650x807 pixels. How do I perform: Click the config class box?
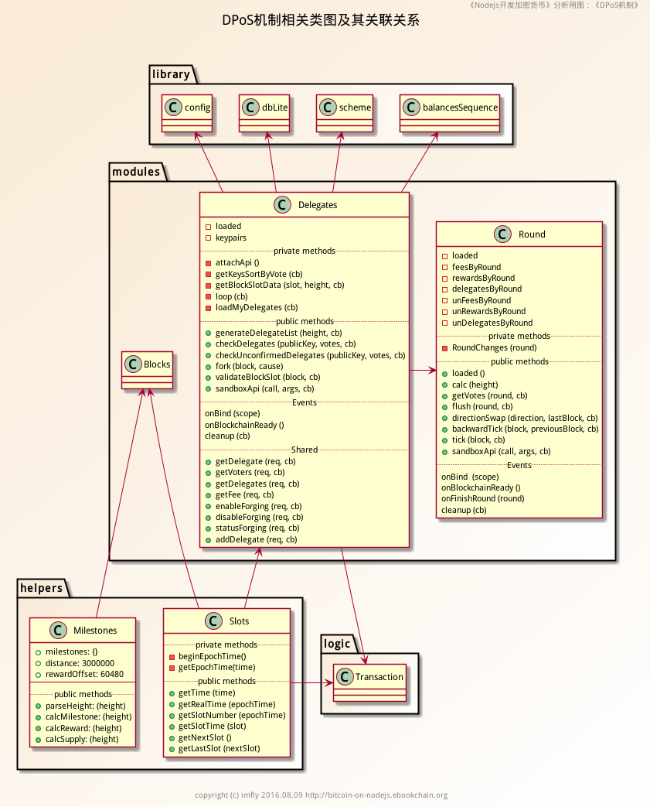[x=187, y=113]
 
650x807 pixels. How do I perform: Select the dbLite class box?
[x=264, y=113]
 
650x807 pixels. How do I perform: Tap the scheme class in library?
[x=345, y=113]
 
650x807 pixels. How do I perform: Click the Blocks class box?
[x=146, y=370]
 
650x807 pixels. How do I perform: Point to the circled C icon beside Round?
[x=502, y=234]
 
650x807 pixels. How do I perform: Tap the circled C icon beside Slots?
[x=213, y=621]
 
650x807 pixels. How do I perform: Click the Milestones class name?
[x=95, y=631]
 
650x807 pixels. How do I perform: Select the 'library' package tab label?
[x=171, y=74]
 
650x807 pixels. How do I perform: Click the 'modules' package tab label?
[x=135, y=172]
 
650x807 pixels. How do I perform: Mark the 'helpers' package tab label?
[x=41, y=588]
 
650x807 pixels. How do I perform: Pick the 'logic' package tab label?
[x=337, y=644]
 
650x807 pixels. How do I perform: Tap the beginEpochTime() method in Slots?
[x=212, y=656]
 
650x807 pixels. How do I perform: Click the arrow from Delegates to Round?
[x=422, y=371]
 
